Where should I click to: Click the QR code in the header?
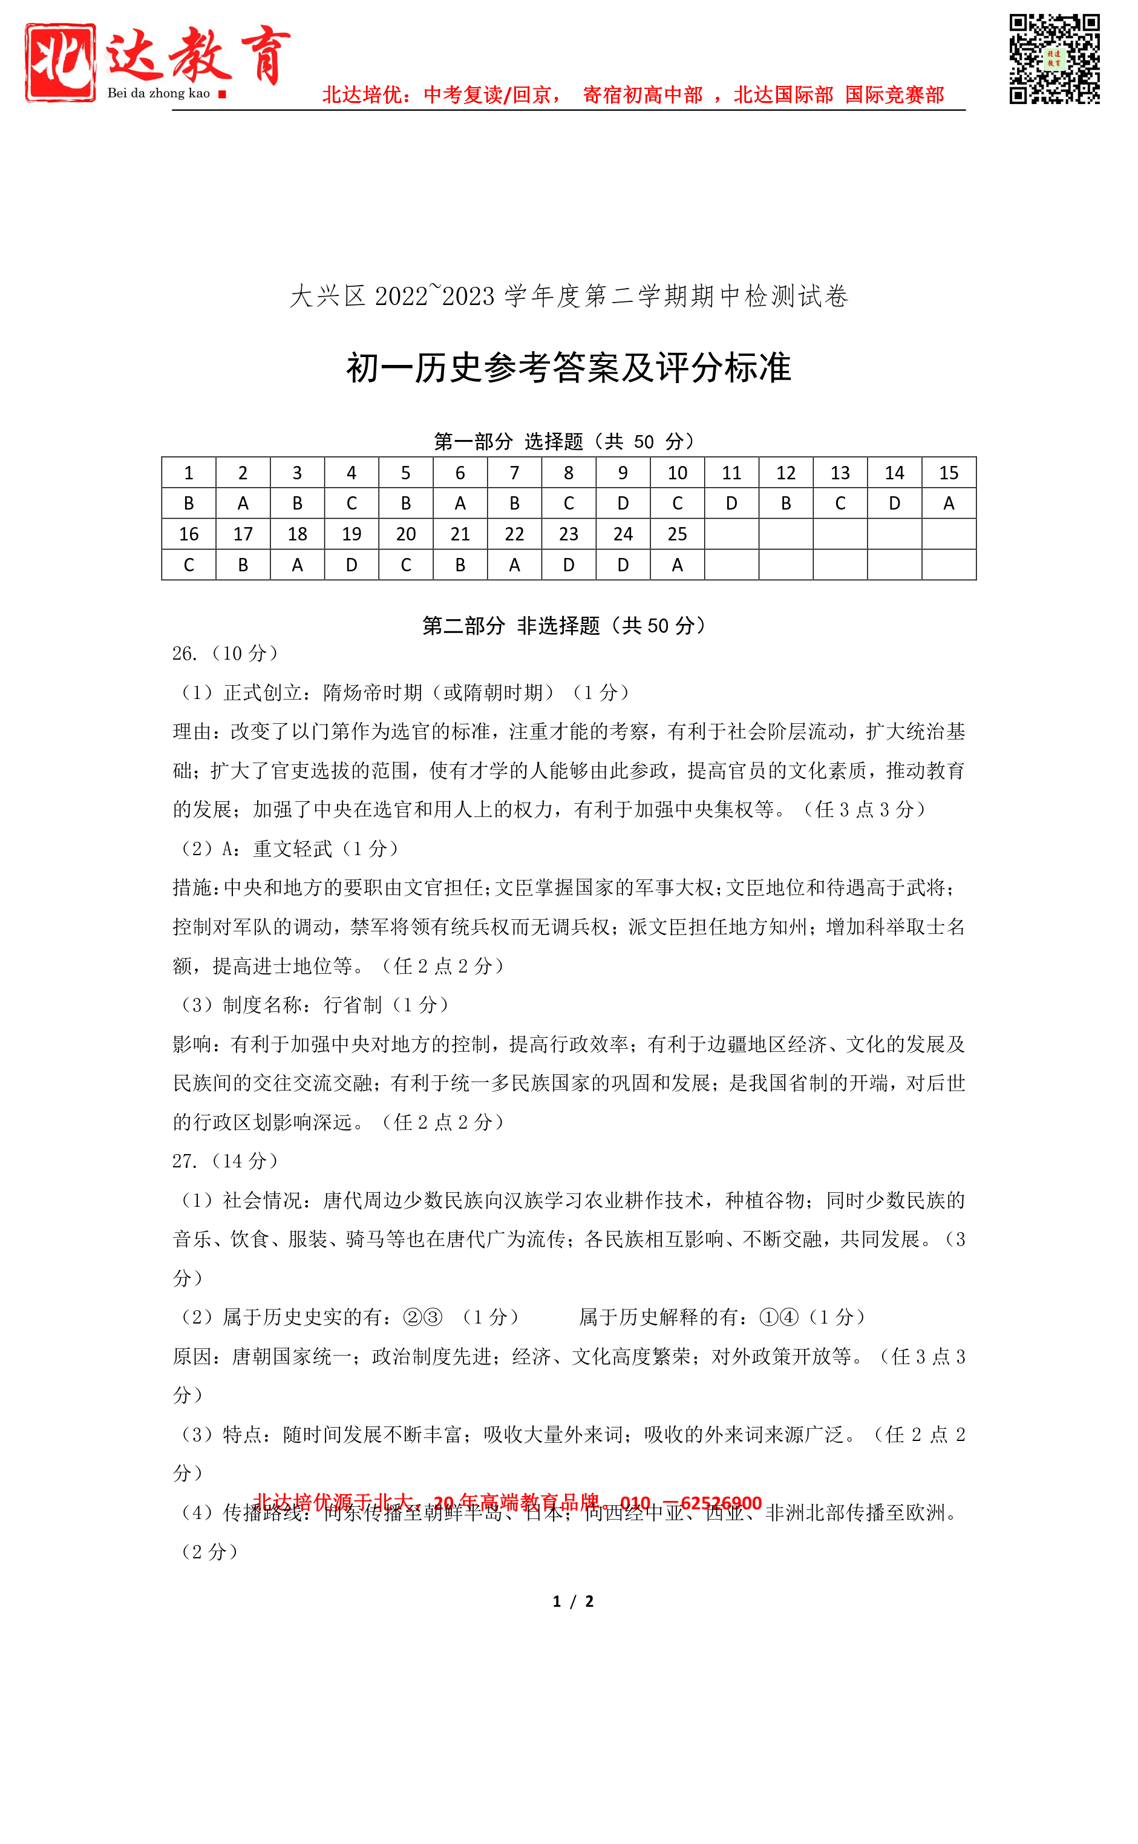coord(1054,58)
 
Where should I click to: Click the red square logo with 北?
coord(60,62)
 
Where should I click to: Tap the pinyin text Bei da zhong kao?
coord(159,93)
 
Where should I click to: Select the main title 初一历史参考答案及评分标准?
coord(568,368)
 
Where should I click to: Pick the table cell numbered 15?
coord(949,473)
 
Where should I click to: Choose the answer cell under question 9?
coord(623,504)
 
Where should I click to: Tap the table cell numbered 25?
coord(676,534)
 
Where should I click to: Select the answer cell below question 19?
coord(352,565)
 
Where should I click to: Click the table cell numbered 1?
coord(189,473)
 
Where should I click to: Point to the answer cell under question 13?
coord(840,504)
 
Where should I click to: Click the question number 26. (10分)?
coord(225,654)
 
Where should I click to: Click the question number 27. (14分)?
coord(225,1161)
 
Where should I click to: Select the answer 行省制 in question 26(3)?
coord(352,1005)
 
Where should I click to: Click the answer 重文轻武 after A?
coord(293,849)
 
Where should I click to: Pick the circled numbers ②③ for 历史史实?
coord(422,1317)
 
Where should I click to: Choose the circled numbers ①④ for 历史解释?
coord(778,1317)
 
